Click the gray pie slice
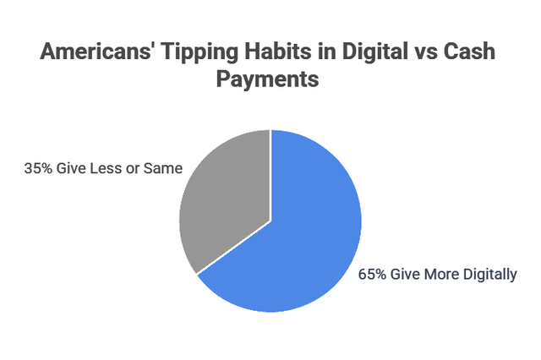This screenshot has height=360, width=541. point(224,203)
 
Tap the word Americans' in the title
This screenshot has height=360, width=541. point(97,52)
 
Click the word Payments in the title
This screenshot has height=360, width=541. point(270,81)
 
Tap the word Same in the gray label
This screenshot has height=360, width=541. point(163,168)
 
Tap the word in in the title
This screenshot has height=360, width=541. point(335,52)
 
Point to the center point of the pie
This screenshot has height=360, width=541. point(270,221)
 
